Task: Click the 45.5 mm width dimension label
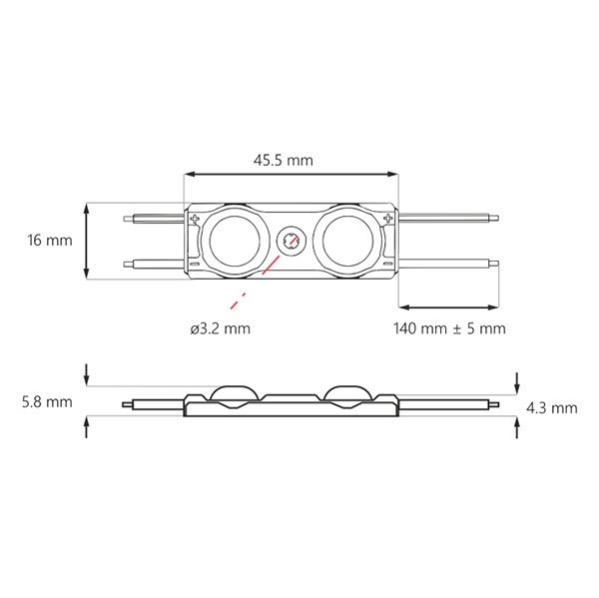(291, 159)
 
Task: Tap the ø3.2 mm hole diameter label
(220, 328)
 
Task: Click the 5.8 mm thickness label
(45, 401)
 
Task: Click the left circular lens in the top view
(239, 241)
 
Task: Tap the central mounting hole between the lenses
(293, 241)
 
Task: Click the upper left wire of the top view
(154, 217)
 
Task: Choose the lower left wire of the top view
(154, 264)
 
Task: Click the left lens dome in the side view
(237, 391)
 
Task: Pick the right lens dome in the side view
(346, 391)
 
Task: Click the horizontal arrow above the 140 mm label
(449, 306)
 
